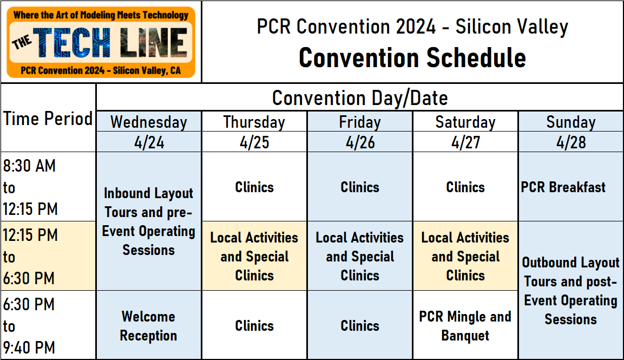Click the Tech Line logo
pos(101,42)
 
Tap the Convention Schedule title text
pos(412,58)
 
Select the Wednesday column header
pos(148,122)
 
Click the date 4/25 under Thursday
pos(254,143)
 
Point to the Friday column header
pos(359,122)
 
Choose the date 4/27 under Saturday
pos(465,143)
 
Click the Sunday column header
pos(570,122)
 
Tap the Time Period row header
pos(48,119)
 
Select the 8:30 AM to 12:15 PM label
pos(30,187)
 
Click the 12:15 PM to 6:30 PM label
pos(30,257)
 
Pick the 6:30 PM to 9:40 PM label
pos(30,326)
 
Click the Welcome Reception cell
pos(148,326)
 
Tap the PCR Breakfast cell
pos(563,187)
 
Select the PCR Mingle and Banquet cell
pos(465,326)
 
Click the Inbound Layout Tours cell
pos(148,221)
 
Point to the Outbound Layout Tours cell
pos(570,291)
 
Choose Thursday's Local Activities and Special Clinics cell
pos(254,257)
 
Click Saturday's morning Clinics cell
pos(465,187)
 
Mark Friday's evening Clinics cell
pos(359,326)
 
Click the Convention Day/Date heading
pos(359,98)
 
